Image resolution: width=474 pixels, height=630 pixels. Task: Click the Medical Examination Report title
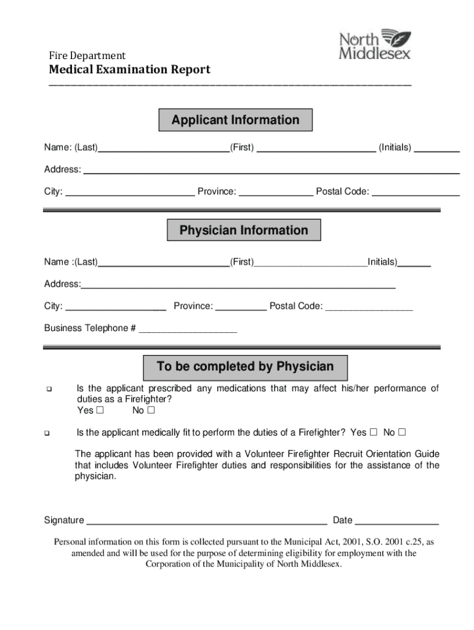(130, 70)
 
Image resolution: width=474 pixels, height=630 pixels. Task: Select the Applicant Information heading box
(235, 120)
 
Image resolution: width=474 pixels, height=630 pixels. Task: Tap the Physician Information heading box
(244, 231)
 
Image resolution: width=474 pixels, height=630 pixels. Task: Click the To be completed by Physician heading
(245, 367)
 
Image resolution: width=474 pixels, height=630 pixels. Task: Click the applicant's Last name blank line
(163, 150)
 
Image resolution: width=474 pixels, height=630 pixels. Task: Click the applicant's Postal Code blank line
(416, 193)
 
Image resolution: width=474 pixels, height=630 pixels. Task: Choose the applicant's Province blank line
(275, 193)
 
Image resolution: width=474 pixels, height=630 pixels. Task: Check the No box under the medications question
(151, 410)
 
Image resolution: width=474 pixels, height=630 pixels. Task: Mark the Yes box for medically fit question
(373, 433)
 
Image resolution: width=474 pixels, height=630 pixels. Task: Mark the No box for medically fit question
(402, 433)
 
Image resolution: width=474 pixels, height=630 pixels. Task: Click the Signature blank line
(206, 522)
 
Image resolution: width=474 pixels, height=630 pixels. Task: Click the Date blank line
(396, 522)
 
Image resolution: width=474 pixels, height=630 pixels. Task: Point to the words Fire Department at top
(87, 56)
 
